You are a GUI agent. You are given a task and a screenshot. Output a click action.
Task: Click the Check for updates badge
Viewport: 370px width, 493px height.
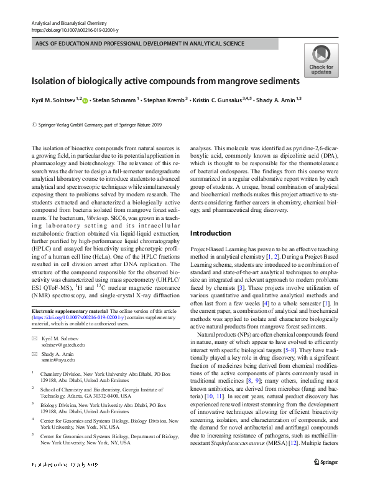coord(321,60)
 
